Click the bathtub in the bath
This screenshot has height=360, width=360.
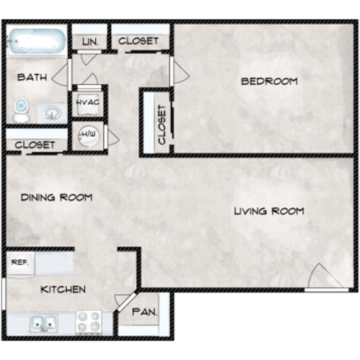pos(36,42)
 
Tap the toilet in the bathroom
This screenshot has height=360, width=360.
pos(22,109)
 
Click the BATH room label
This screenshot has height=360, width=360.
pos(32,77)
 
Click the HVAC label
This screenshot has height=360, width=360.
pos(87,102)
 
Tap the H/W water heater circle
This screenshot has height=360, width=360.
pos(88,135)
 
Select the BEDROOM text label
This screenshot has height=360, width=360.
pos(269,81)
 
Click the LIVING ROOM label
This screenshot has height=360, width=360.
pos(269,211)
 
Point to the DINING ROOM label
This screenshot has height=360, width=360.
pos(56,197)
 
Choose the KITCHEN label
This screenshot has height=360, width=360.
pos(63,289)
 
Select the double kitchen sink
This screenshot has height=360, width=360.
pos(43,322)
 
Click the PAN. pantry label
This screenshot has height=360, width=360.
pos(145,312)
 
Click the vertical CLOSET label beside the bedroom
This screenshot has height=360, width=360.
pos(162,125)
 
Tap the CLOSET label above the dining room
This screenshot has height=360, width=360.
pos(35,145)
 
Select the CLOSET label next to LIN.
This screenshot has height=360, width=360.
pos(138,41)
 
